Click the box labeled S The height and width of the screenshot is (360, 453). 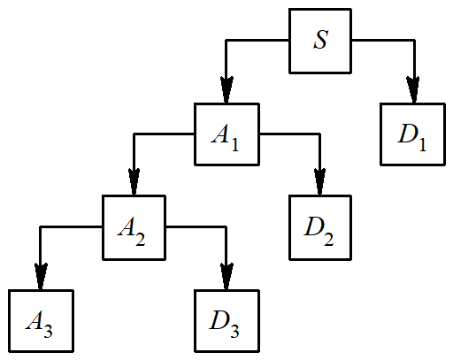click(321, 42)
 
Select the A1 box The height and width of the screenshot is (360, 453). click(227, 134)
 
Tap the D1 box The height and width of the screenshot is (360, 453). click(413, 134)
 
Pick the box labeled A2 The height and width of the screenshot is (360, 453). click(134, 227)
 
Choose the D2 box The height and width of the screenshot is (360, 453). click(320, 227)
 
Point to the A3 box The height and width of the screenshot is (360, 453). click(42, 320)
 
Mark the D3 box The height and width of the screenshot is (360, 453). click(227, 320)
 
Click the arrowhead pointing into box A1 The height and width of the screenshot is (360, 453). click(227, 89)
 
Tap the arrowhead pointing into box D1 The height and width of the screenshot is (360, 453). click(413, 89)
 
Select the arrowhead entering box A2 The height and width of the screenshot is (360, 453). click(134, 182)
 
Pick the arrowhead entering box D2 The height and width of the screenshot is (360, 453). click(320, 182)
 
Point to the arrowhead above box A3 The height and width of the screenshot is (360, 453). click(42, 275)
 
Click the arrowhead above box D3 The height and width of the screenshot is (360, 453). click(227, 275)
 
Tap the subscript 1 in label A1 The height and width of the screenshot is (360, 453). click(234, 144)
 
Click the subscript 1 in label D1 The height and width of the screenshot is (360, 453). click(421, 144)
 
